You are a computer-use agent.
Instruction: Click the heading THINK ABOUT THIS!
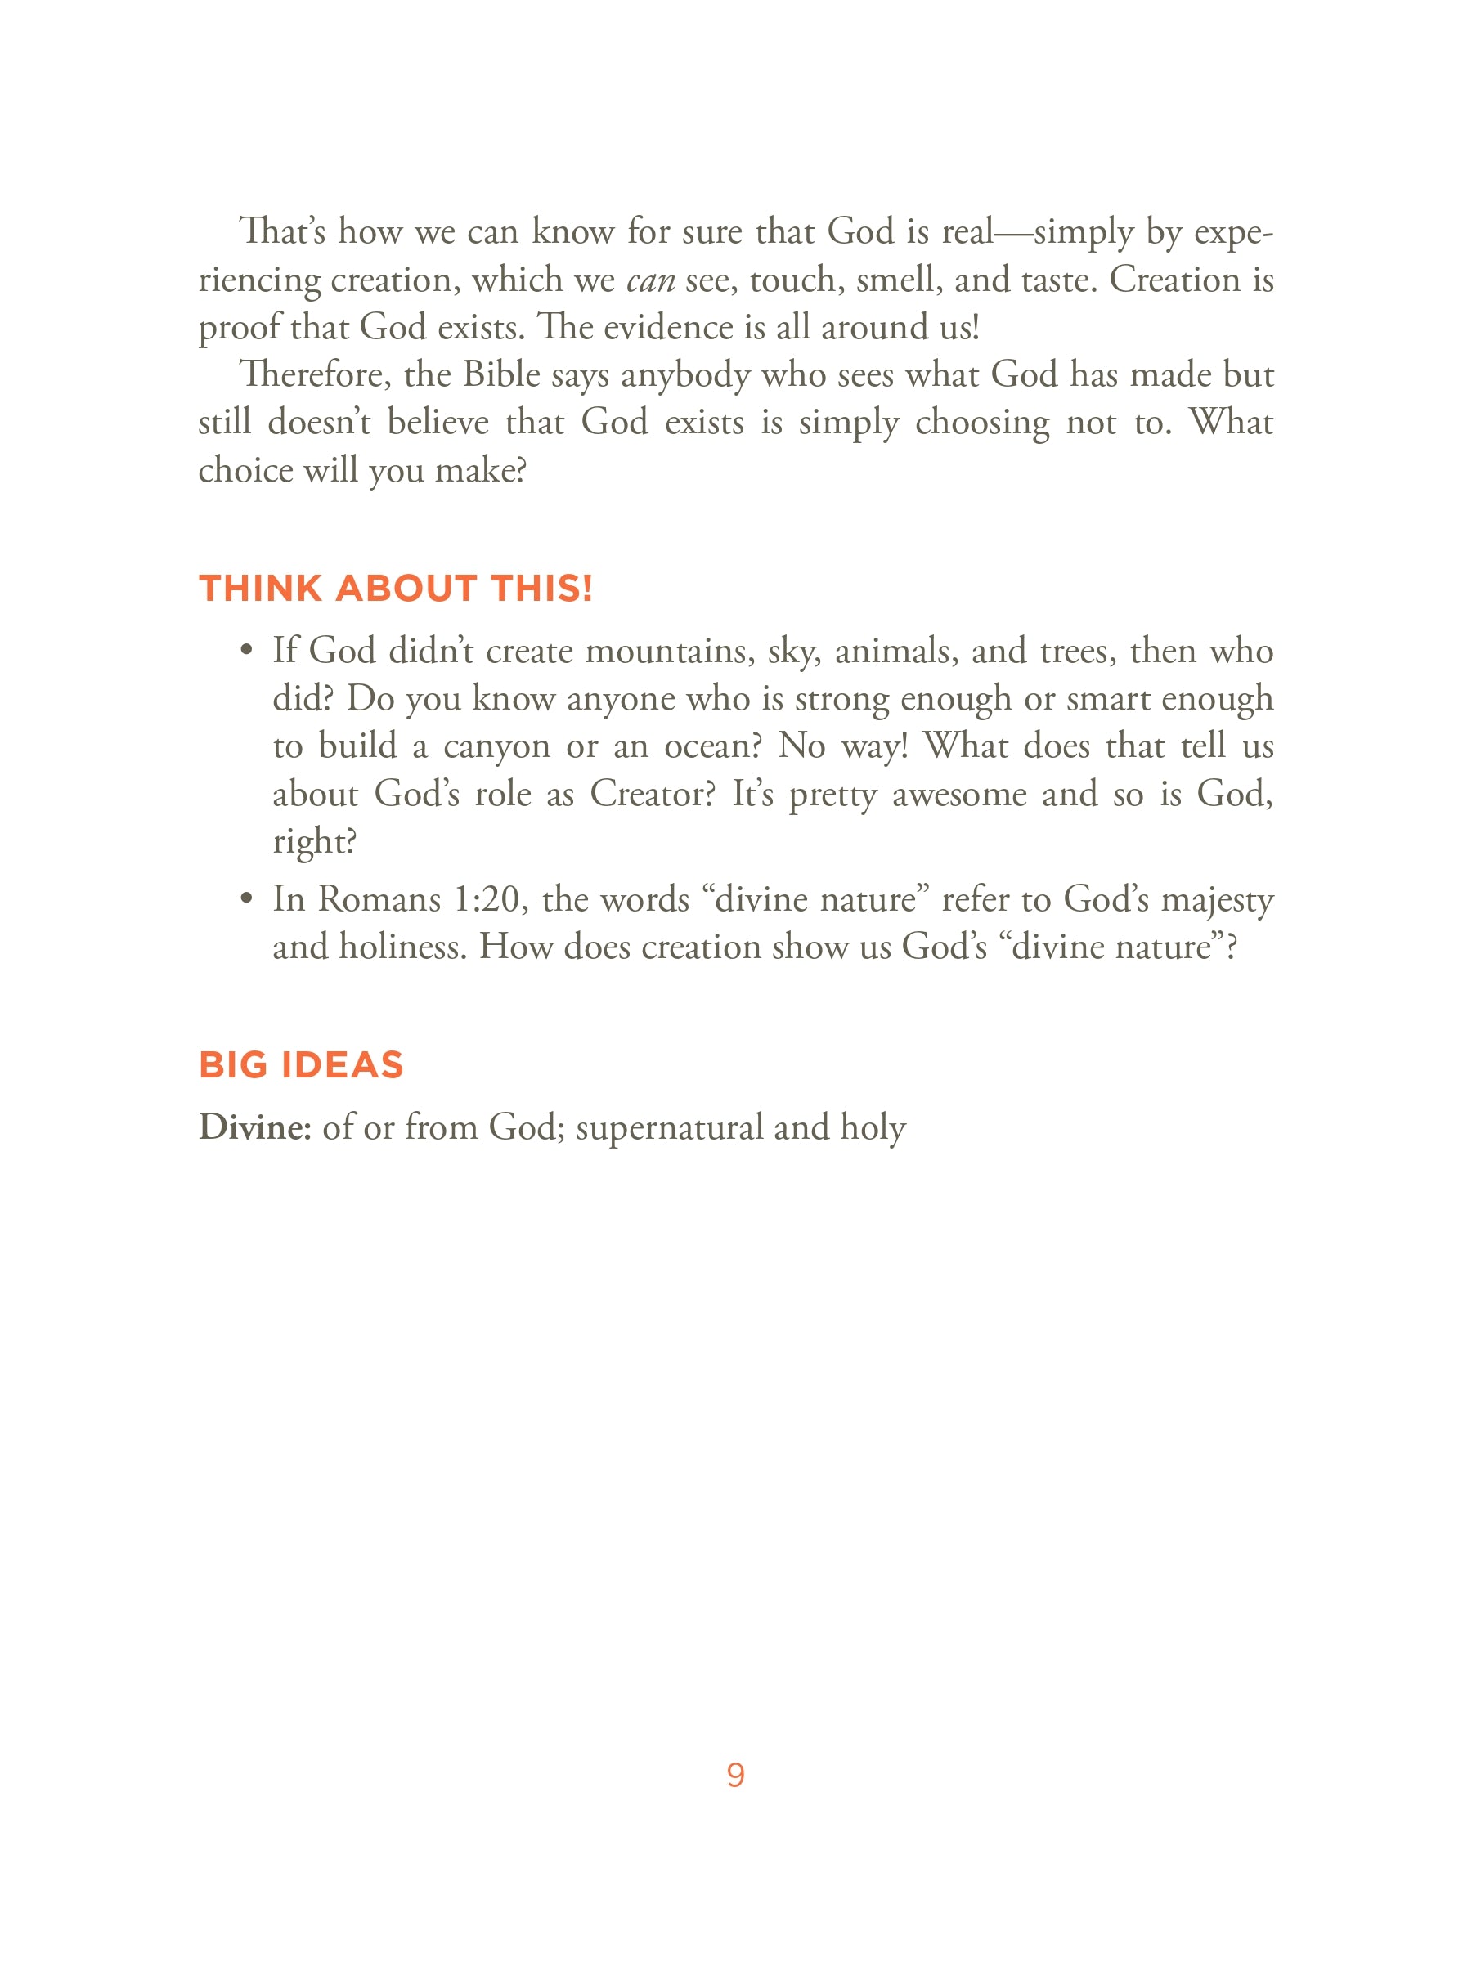[395, 589]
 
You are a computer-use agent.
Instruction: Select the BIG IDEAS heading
[301, 1064]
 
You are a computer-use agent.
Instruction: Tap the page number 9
[735, 1775]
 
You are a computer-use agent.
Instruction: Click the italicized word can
[650, 281]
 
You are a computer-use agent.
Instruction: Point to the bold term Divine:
[254, 1127]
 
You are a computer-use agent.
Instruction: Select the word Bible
[501, 375]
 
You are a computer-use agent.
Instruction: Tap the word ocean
[712, 747]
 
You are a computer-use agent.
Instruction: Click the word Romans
[379, 899]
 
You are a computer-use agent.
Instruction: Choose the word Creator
[652, 794]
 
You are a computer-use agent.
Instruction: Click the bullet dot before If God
[247, 651]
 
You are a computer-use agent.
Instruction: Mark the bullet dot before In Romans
[247, 899]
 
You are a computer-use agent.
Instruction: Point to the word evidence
[668, 327]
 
